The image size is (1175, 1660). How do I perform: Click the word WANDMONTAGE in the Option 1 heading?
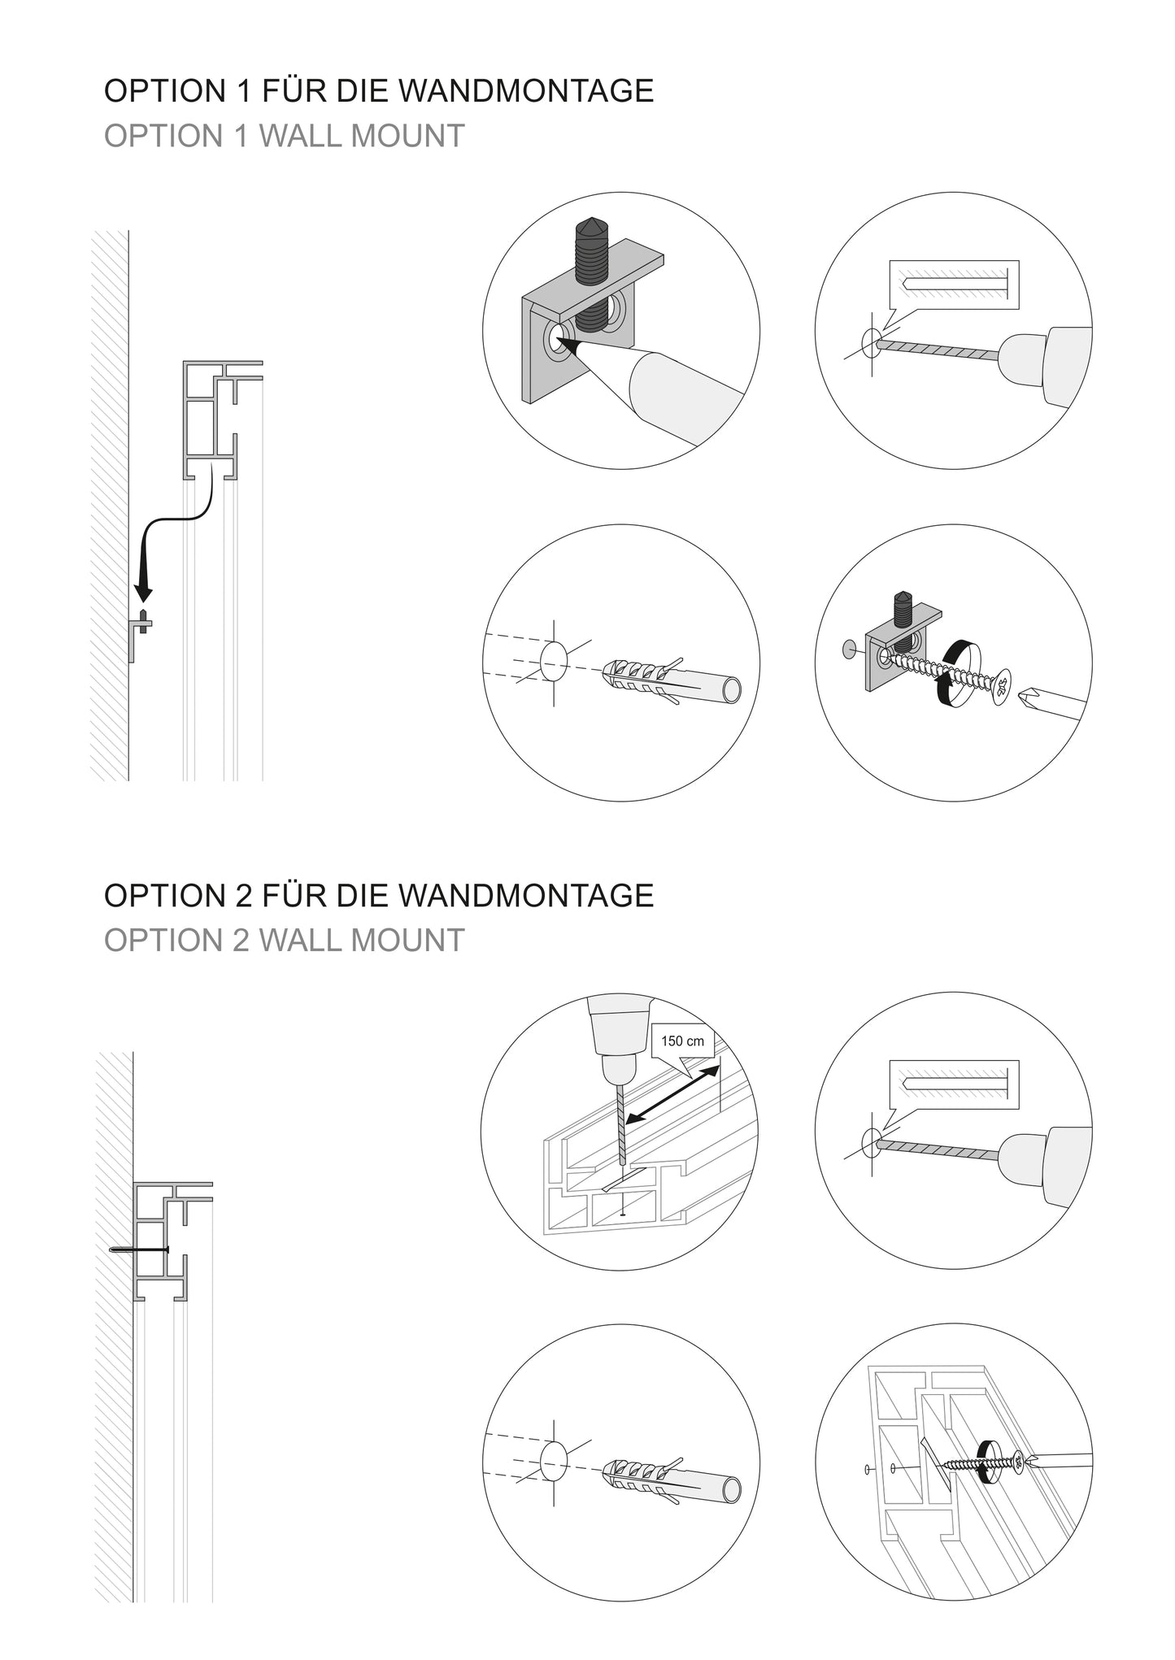coord(527,91)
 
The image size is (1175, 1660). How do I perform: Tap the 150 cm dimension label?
coord(682,1041)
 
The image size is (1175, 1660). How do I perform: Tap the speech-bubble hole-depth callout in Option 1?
coord(953,285)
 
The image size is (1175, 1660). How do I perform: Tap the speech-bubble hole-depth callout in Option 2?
coord(953,1084)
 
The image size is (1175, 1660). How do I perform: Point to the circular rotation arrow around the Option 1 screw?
coord(958,674)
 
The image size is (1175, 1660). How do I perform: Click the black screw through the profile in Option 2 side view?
coord(140,1249)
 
